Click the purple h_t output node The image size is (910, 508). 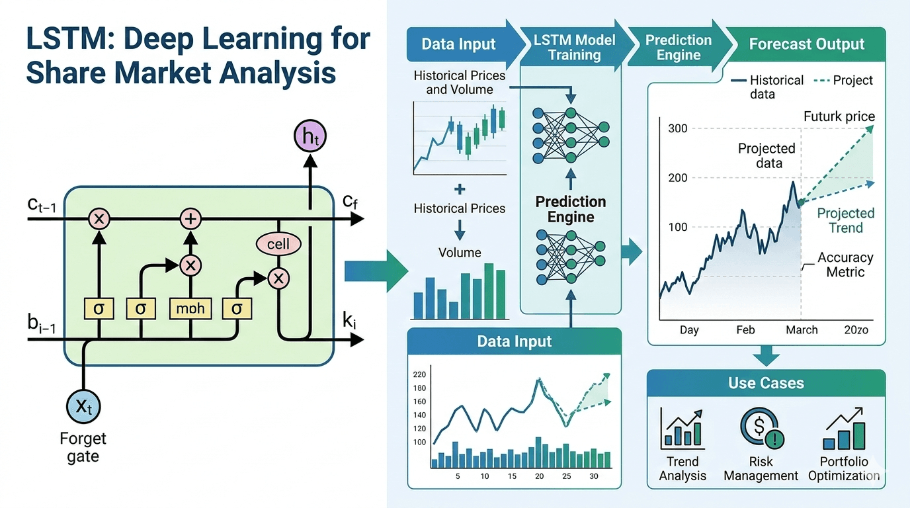pos(310,137)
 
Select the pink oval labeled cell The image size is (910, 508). pos(278,244)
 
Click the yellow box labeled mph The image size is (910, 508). pos(190,308)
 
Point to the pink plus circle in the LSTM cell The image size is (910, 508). pos(190,218)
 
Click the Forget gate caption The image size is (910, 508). pos(83,447)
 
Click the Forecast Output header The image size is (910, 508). pos(806,44)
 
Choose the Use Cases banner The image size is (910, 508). pos(766,383)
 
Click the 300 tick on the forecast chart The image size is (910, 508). pos(678,128)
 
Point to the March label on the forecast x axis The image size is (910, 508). pos(802,330)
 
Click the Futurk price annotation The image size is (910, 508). pos(839,117)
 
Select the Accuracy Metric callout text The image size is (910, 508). pos(845,265)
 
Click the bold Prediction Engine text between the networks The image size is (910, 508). pos(570,210)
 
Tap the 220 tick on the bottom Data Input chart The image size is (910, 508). pos(419,374)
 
